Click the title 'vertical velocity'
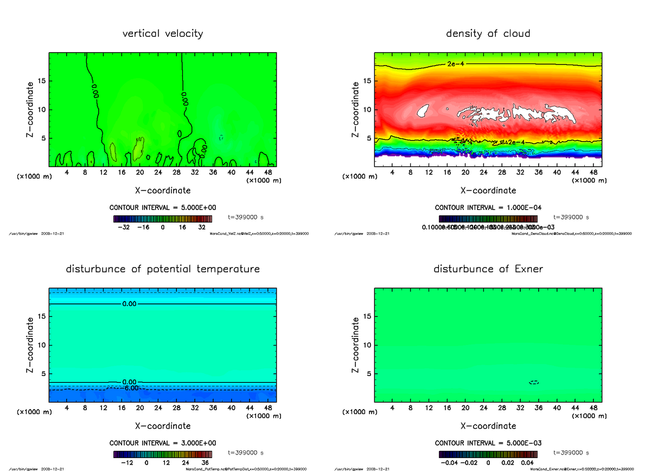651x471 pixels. point(163,34)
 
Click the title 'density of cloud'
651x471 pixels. point(488,34)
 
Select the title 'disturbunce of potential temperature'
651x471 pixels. point(163,269)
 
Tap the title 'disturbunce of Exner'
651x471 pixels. point(488,269)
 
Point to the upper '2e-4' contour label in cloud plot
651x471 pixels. point(455,64)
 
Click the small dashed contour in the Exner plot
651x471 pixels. point(534,383)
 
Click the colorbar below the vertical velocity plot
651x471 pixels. point(163,219)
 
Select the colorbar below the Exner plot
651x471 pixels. point(488,454)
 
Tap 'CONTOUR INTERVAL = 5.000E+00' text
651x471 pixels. point(163,208)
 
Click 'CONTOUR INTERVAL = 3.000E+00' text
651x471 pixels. point(163,443)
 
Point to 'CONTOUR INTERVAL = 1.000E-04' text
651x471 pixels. point(488,208)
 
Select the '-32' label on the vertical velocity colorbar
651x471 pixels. point(126,228)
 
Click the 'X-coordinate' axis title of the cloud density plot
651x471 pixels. point(488,190)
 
